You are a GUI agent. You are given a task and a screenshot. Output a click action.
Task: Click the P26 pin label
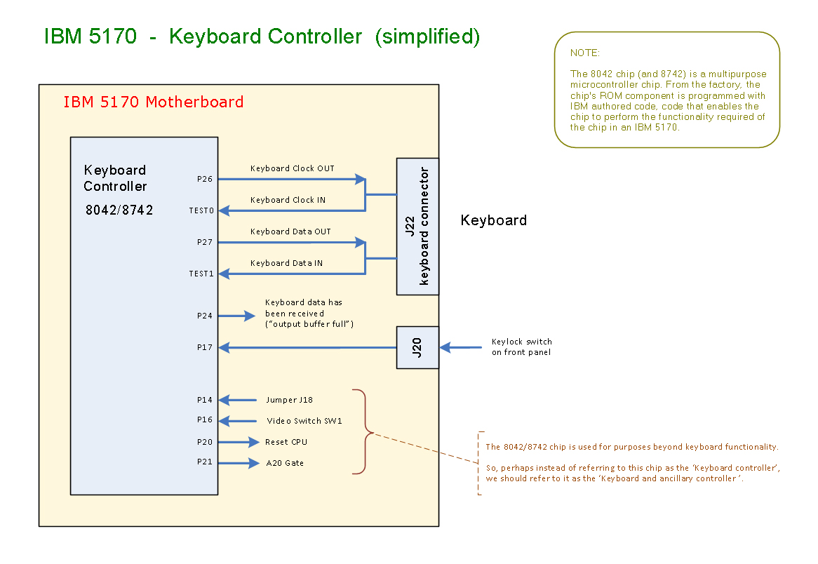click(x=204, y=179)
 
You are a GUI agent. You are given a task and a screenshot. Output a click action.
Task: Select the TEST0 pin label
click(x=201, y=210)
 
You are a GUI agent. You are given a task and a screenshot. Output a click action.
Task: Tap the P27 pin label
click(x=204, y=242)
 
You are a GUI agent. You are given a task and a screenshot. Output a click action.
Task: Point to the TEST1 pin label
click(x=201, y=274)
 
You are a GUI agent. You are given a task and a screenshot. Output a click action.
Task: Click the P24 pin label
click(x=204, y=316)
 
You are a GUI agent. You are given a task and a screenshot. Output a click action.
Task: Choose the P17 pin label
click(x=204, y=347)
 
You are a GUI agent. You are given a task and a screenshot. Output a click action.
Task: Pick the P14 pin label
click(x=204, y=400)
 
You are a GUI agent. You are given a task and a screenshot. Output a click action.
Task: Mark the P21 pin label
click(x=204, y=463)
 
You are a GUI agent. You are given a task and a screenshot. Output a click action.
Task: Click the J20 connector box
click(x=417, y=347)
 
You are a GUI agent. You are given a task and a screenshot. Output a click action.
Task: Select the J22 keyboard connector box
click(x=417, y=226)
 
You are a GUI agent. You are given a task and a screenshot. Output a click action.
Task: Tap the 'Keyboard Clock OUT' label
click(x=292, y=168)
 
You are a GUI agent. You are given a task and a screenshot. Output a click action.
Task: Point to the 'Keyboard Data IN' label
click(x=286, y=263)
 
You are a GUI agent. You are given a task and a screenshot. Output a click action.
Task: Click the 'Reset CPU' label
click(x=286, y=442)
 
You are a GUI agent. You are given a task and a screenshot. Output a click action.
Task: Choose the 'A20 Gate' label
click(x=284, y=463)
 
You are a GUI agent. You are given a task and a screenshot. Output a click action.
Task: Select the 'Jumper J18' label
click(x=289, y=400)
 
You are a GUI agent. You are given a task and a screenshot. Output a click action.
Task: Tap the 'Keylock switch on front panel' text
click(x=521, y=347)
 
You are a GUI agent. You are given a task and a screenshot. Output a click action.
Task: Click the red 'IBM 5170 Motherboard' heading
click(x=153, y=102)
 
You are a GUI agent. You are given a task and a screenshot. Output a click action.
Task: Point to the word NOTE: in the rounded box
click(x=585, y=53)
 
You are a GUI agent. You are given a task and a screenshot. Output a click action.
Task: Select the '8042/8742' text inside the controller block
click(x=118, y=210)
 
